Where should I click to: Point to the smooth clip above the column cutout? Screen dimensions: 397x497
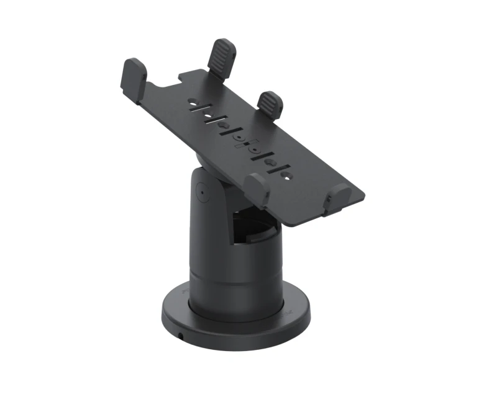(x=257, y=189)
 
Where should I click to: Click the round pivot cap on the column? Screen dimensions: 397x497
(x=202, y=192)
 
